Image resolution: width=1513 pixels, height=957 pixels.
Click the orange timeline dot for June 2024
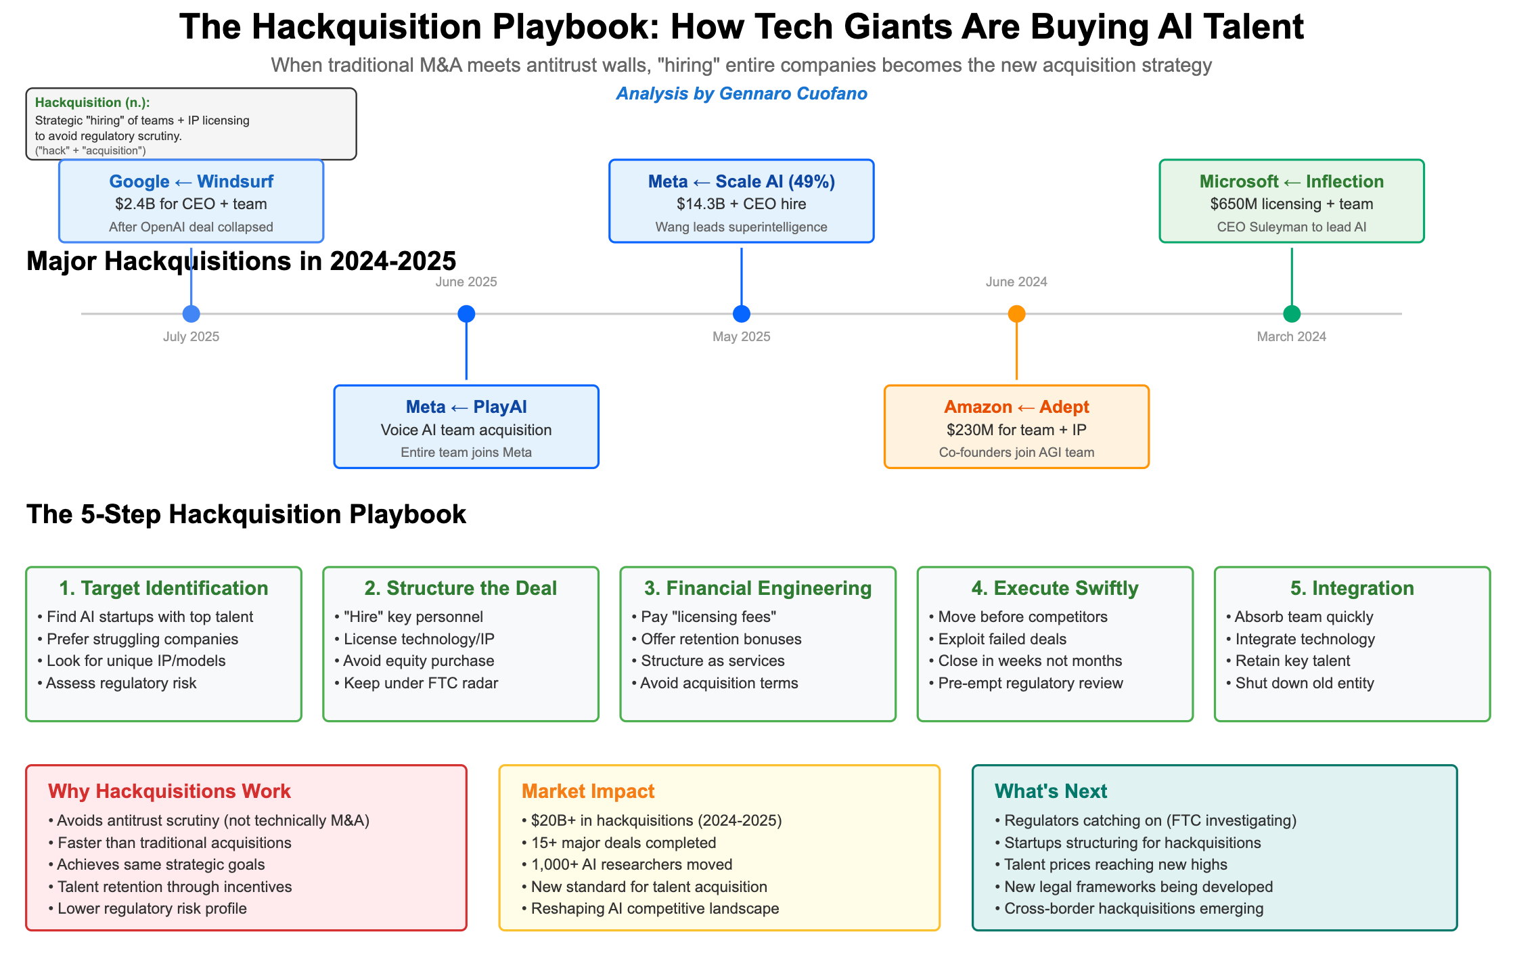pyautogui.click(x=1016, y=314)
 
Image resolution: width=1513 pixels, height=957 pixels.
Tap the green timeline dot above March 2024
pyautogui.click(x=1292, y=314)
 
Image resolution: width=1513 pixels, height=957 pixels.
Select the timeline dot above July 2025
pyautogui.click(x=191, y=314)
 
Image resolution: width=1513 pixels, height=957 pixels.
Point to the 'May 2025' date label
pyautogui.click(x=741, y=337)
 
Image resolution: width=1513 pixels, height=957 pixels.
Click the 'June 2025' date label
pyautogui.click(x=466, y=282)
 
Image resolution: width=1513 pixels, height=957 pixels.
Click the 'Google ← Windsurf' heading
pyautogui.click(x=191, y=181)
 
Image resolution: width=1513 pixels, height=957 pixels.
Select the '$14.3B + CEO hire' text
pyautogui.click(x=741, y=204)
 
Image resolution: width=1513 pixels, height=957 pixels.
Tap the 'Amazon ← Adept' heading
pyautogui.click(x=1016, y=407)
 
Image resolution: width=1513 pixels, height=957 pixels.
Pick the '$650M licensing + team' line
pyautogui.click(x=1291, y=204)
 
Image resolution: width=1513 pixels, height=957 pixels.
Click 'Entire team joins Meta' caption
pyautogui.click(x=466, y=453)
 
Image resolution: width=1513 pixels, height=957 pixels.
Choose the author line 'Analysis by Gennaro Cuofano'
pyautogui.click(x=742, y=93)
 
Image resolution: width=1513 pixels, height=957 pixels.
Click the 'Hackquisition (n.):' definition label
pyautogui.click(x=93, y=103)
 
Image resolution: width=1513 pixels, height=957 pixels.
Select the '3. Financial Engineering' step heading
pyautogui.click(x=758, y=588)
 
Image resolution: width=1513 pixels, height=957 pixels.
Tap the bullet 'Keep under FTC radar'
pyautogui.click(x=420, y=683)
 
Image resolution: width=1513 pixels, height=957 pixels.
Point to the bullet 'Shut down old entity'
pyautogui.click(x=1304, y=683)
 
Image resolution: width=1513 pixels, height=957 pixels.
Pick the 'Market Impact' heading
pyautogui.click(x=588, y=791)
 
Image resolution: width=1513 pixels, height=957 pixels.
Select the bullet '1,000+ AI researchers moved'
pyautogui.click(x=631, y=864)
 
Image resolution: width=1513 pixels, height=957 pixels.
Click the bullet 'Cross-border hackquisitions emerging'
pyautogui.click(x=1133, y=908)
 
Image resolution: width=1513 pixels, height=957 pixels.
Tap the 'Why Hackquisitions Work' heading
pyautogui.click(x=169, y=791)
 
